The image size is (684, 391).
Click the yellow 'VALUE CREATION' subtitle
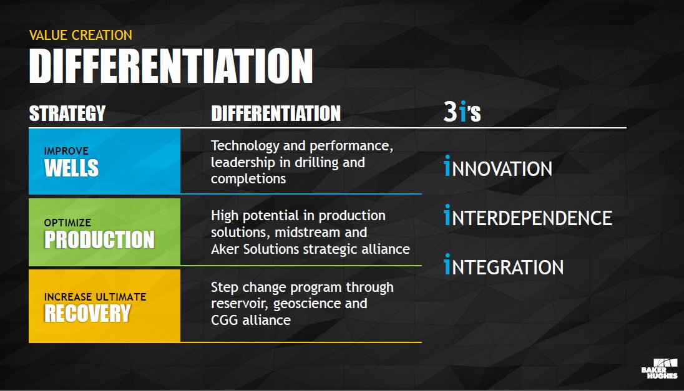[81, 35]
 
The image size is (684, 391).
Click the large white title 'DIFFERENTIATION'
[171, 65]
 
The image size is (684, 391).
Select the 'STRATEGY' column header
[67, 113]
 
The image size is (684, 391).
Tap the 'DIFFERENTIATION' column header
[276, 113]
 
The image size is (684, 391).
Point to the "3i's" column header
[462, 112]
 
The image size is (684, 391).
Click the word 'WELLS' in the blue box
[72, 168]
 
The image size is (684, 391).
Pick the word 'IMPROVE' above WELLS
[66, 151]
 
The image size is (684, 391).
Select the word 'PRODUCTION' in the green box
[99, 239]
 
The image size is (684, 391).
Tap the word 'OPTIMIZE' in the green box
[67, 223]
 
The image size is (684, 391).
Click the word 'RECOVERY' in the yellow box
[87, 313]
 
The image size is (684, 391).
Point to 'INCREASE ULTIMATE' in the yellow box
[95, 297]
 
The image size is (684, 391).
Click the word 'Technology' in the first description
[245, 146]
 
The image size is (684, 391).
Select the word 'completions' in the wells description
[248, 179]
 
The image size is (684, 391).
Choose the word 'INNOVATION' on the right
[498, 167]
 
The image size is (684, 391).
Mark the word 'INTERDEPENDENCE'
[528, 216]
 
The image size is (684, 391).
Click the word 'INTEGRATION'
[504, 265]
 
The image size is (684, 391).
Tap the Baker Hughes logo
[659, 369]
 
